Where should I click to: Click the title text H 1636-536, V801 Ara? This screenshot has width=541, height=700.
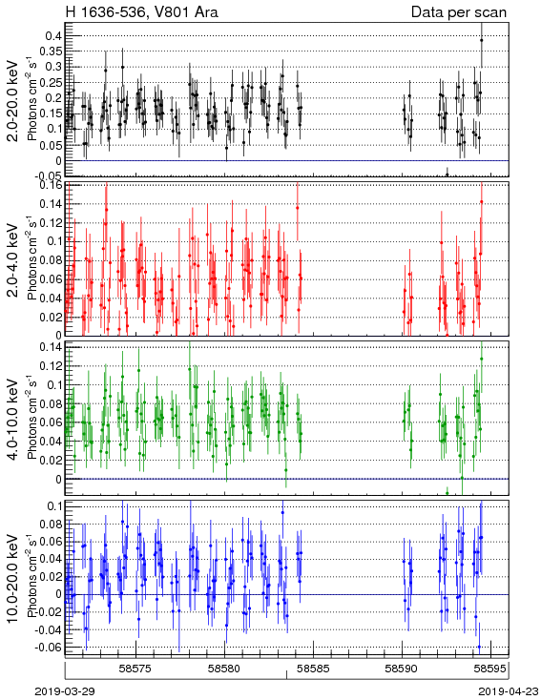click(x=142, y=12)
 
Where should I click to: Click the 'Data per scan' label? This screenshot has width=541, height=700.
click(x=459, y=12)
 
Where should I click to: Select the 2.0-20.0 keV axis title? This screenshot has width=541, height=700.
click(x=13, y=100)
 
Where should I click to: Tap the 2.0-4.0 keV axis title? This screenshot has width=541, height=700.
click(x=13, y=260)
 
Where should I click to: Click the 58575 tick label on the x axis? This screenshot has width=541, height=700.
click(x=136, y=669)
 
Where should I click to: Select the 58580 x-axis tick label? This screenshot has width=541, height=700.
click(x=225, y=669)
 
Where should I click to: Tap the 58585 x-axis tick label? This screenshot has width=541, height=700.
click(x=315, y=669)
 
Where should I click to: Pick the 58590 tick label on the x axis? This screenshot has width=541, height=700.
click(x=403, y=669)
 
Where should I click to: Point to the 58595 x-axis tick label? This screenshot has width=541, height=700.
click(x=490, y=669)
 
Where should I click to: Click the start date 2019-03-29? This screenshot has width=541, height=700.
click(x=65, y=691)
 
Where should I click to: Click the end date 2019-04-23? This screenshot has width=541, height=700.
click(x=509, y=691)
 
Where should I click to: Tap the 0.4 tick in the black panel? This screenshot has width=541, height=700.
click(x=53, y=35)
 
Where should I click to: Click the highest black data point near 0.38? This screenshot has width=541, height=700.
click(x=482, y=40)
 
